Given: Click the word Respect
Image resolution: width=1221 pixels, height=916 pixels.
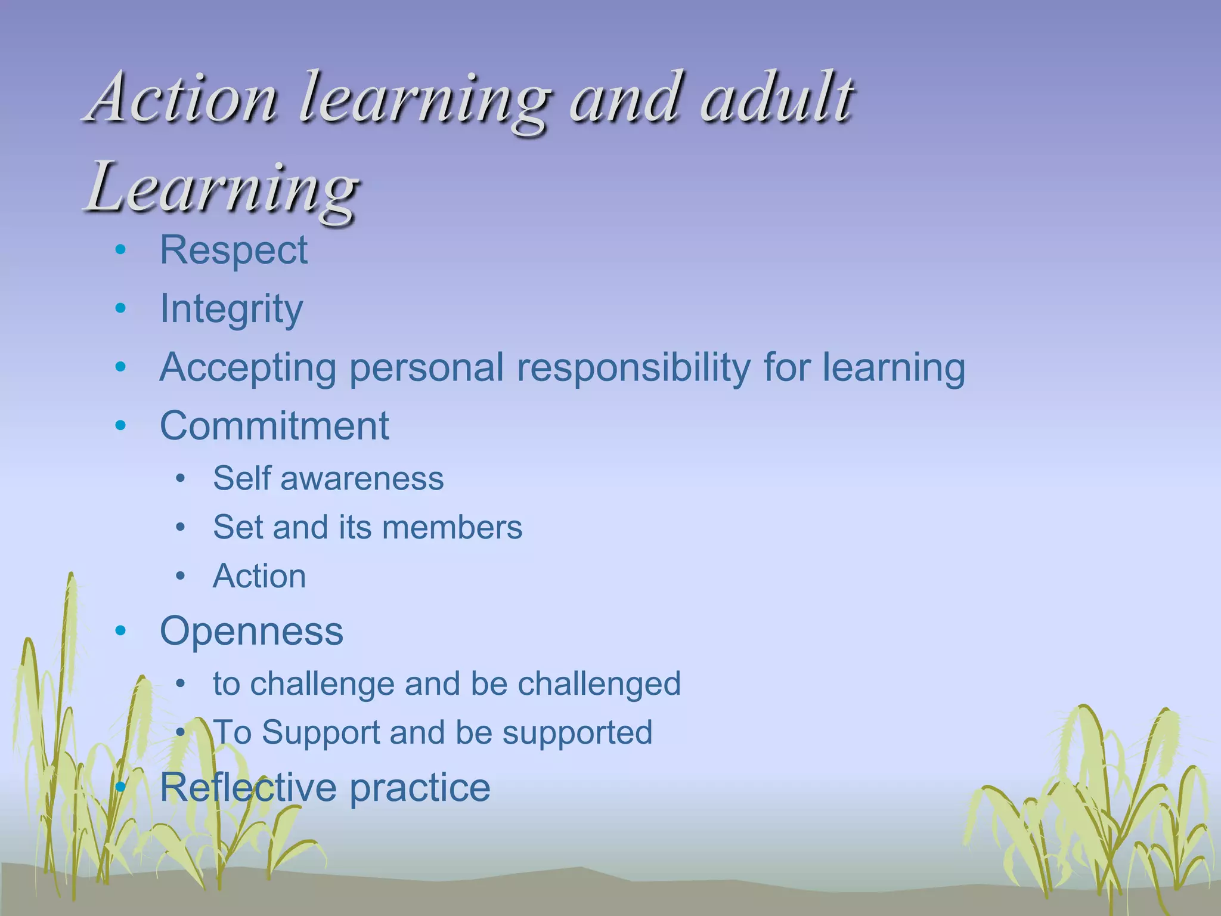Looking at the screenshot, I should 234,250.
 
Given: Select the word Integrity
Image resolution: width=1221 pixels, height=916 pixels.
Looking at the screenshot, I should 231,309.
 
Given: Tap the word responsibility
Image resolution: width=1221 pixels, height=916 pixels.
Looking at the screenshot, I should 634,367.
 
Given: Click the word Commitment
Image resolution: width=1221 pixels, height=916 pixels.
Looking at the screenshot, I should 274,426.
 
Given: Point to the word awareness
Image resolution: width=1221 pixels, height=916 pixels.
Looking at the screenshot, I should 362,478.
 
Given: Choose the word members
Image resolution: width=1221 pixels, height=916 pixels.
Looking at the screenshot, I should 452,527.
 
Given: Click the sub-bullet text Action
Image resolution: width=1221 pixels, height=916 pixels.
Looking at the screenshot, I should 259,576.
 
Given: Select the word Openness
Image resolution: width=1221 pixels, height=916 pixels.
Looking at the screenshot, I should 252,631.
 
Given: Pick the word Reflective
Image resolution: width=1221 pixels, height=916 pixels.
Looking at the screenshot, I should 248,787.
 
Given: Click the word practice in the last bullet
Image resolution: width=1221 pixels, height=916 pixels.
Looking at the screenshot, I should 420,787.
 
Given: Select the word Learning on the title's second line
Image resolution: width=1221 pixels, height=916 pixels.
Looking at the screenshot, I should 222,188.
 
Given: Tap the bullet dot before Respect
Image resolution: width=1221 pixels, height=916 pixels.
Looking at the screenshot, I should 121,250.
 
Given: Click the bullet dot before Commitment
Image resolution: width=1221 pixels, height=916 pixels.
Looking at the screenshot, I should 121,426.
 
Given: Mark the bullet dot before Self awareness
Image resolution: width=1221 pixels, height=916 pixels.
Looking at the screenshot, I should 181,478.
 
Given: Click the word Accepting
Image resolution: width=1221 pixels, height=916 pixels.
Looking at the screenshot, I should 248,367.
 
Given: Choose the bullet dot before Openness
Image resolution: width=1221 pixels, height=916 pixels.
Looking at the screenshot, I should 121,631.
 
